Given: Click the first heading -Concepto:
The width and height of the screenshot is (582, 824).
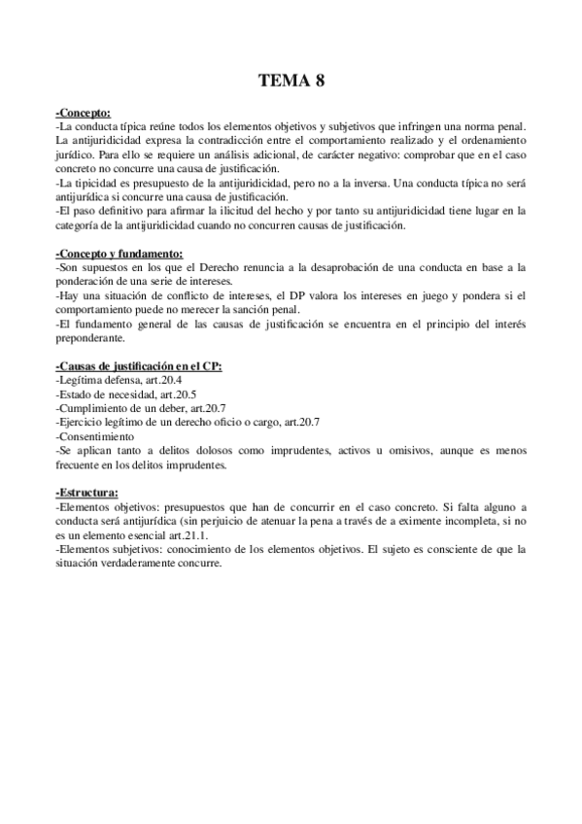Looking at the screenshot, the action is click(x=84, y=113).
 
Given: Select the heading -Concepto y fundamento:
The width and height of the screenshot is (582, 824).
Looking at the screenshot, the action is click(x=120, y=254).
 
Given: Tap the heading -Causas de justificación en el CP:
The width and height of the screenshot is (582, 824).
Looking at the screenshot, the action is click(x=139, y=366).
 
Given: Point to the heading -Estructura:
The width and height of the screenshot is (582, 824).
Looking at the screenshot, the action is click(x=87, y=493).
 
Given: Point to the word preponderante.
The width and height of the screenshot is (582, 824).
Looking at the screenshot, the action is click(x=90, y=338).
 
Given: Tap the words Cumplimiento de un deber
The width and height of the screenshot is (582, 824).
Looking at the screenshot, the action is click(x=114, y=409).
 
